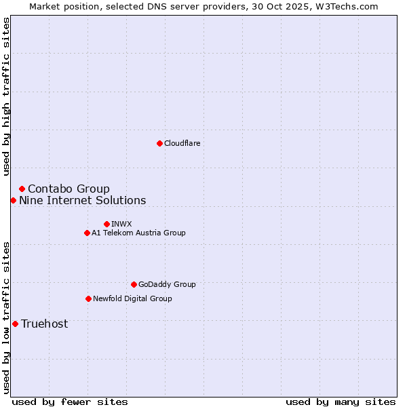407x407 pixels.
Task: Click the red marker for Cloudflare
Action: tap(159, 143)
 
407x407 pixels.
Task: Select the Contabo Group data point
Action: tap(22, 189)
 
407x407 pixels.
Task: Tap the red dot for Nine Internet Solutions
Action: tap(13, 200)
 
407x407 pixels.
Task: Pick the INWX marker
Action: tap(106, 224)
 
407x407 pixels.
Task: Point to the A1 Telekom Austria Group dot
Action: tap(87, 233)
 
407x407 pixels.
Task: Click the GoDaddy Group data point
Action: tap(134, 284)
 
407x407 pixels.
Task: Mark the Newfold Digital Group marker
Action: tap(88, 298)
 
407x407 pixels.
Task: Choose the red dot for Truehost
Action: tap(15, 324)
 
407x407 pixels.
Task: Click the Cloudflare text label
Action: tap(182, 143)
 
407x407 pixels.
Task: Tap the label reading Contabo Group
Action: tap(69, 189)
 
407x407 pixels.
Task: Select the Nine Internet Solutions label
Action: tap(82, 200)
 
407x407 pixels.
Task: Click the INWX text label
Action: tap(121, 224)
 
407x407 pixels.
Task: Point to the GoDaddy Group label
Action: tap(166, 284)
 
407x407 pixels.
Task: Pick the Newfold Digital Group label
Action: tap(132, 298)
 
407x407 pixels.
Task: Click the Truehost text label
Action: tap(44, 324)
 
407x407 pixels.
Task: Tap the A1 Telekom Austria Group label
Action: tap(138, 233)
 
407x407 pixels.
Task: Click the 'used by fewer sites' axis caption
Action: tap(70, 402)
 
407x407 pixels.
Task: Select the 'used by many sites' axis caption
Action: tap(341, 402)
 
